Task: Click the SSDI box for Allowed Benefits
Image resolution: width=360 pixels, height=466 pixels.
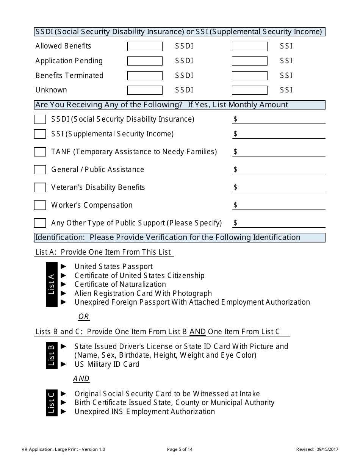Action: [145, 46]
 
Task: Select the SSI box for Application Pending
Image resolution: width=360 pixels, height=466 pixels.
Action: [249, 61]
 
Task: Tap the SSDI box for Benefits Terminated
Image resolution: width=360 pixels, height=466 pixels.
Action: [145, 75]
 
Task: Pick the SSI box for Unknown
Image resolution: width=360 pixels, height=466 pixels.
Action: [249, 90]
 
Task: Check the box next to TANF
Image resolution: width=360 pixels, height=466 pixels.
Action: [40, 152]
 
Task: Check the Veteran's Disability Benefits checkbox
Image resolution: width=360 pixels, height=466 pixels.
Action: [40, 188]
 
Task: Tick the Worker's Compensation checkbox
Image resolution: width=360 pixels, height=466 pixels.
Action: [40, 205]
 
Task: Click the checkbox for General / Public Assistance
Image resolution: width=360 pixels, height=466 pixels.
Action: [40, 170]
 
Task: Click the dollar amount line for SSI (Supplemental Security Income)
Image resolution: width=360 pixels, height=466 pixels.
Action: [280, 134]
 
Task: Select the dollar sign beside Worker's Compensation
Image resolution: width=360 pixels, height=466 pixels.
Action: [235, 205]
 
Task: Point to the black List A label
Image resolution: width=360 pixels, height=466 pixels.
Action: [52, 285]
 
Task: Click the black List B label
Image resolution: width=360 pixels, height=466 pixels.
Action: [52, 355]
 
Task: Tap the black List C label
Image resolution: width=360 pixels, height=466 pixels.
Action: [52, 403]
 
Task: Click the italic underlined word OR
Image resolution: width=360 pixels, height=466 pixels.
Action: [83, 317]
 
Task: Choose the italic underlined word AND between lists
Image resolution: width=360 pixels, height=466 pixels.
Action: [81, 379]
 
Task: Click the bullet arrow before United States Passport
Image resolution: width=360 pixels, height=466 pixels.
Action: [64, 266]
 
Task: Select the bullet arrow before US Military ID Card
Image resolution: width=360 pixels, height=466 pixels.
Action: [64, 364]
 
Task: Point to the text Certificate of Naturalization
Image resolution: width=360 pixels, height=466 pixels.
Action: [120, 285]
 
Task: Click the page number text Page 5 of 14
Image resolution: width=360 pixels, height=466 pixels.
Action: [180, 450]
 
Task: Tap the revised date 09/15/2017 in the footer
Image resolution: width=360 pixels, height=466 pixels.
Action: [329, 450]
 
